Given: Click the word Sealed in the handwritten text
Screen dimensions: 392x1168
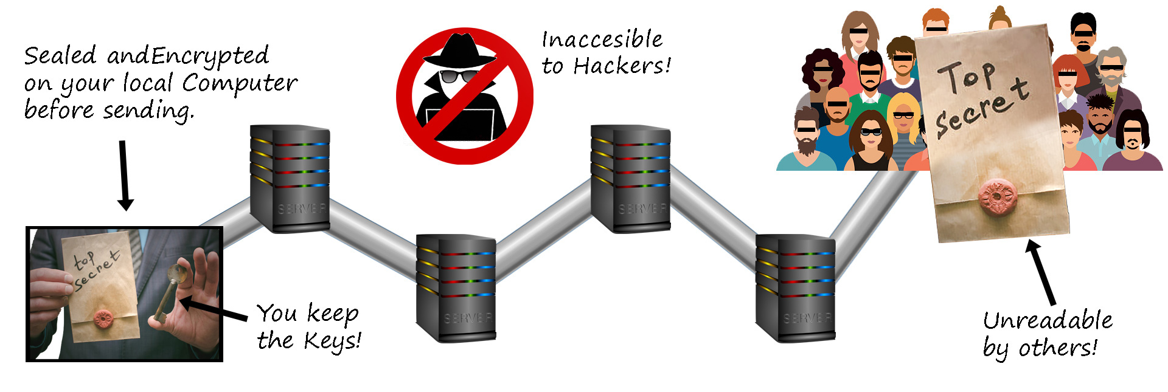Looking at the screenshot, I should (60, 55).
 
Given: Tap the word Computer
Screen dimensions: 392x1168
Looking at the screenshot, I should (240, 83).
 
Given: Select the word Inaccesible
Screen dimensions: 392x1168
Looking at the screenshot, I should (602, 40).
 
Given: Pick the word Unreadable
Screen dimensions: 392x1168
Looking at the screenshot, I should (1048, 320).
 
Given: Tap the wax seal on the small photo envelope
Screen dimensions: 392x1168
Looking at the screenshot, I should (103, 317).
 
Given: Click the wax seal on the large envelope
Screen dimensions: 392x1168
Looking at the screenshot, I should (997, 198).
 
